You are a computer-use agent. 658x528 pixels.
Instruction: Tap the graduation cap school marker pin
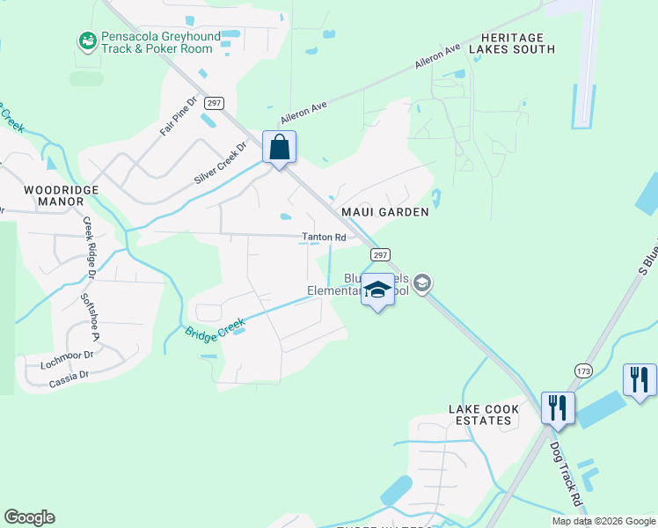377,290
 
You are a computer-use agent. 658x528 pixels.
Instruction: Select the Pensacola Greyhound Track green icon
87,40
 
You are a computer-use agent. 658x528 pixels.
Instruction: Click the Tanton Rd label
324,237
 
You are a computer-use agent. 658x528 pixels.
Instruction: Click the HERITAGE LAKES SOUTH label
512,43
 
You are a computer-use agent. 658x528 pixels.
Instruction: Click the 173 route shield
583,371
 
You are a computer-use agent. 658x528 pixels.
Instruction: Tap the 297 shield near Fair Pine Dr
213,103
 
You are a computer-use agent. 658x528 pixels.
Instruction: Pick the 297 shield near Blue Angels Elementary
379,254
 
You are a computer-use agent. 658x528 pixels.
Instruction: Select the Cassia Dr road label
69,375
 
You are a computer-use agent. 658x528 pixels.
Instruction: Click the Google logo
29,517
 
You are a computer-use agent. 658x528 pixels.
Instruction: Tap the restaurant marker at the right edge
639,380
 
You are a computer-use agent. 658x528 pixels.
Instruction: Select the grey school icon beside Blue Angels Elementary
422,282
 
